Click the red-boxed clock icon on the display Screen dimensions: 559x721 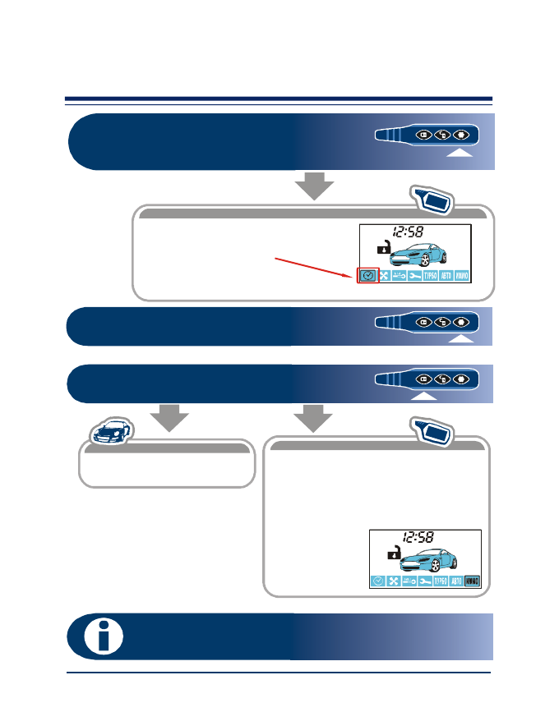367,276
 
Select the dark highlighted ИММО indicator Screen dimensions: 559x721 472,581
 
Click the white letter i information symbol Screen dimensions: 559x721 104,636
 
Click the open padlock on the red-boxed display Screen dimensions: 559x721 382,246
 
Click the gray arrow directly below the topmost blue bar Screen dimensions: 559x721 314,186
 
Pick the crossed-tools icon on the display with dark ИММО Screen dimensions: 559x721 393,581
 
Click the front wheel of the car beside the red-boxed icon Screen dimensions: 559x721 448,261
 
